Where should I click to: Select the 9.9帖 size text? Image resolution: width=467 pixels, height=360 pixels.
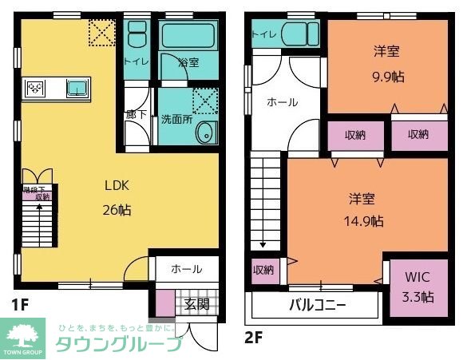[386, 77]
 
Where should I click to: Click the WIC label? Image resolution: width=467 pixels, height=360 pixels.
[418, 279]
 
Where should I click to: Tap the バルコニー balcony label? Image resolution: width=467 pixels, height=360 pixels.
[317, 306]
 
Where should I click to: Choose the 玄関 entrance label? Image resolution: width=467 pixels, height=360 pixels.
[197, 303]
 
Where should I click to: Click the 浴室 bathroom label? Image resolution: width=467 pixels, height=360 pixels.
[188, 61]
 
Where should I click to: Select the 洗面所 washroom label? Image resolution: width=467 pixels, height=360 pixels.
[176, 119]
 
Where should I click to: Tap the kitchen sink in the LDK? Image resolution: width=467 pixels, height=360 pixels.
[77, 88]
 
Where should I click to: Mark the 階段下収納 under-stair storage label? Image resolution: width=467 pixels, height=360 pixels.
[37, 193]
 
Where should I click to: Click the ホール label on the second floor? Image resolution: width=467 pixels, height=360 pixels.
[282, 103]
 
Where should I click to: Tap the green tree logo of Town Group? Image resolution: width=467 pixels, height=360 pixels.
[24, 331]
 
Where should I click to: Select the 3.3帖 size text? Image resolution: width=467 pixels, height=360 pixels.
[418, 297]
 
